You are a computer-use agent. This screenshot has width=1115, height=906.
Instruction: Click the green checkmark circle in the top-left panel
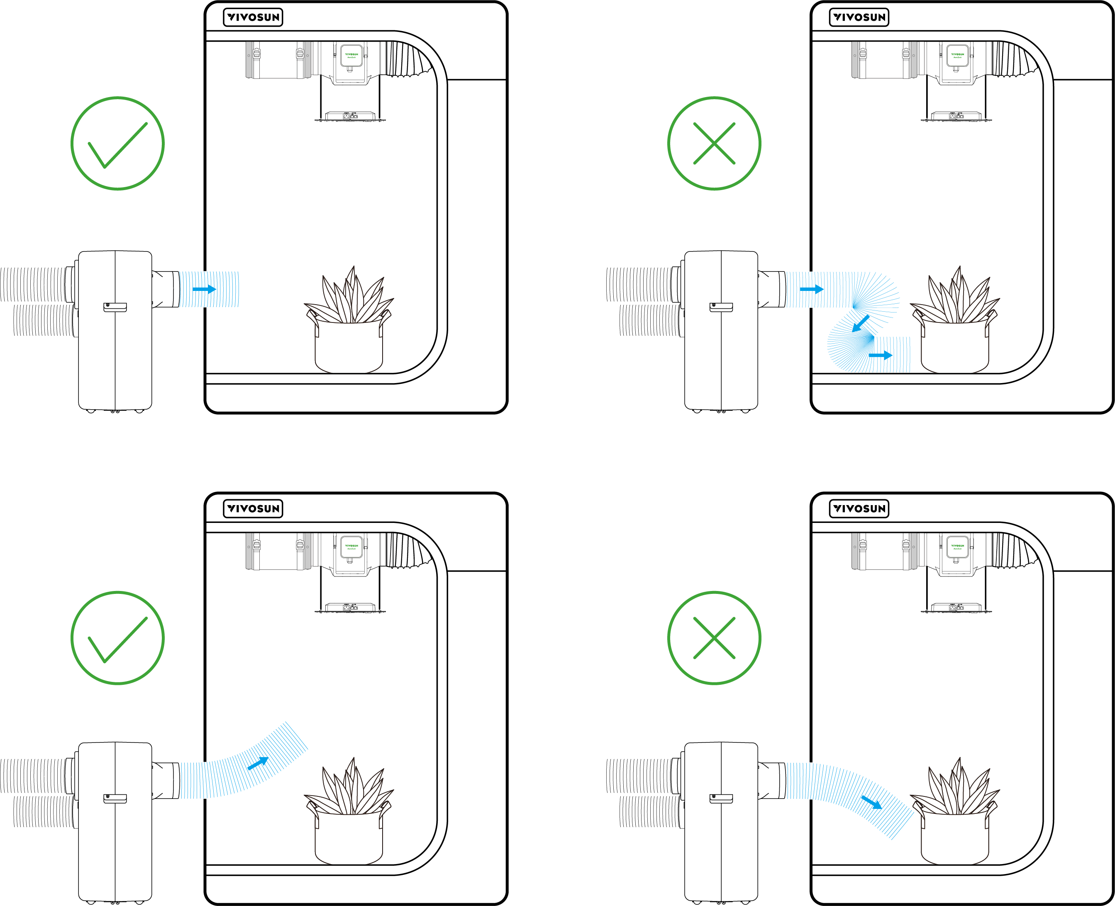[117, 143]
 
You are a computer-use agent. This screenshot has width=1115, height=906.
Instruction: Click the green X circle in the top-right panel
[714, 143]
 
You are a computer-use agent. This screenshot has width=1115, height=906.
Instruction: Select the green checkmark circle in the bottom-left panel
[117, 637]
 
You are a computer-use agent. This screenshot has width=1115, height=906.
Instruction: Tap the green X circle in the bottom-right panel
[714, 637]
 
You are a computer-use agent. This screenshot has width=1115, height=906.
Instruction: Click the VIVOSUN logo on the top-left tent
[253, 17]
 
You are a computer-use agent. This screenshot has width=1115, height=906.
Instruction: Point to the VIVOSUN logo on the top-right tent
[859, 17]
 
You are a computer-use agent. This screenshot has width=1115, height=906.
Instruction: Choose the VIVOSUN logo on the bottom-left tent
[253, 508]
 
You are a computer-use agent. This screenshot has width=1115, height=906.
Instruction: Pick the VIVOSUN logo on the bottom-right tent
[859, 508]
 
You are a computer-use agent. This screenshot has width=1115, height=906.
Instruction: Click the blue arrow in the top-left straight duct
[204, 288]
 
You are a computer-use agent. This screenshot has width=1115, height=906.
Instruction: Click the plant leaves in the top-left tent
[349, 298]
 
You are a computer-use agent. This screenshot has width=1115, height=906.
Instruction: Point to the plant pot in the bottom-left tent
[349, 840]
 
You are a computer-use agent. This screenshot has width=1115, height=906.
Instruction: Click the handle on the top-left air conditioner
[115, 307]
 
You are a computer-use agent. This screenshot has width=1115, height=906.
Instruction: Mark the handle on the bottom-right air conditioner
[721, 798]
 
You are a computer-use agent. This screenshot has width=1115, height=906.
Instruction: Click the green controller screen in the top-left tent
[351, 55]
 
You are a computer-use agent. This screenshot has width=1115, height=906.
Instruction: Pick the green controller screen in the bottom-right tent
[957, 547]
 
